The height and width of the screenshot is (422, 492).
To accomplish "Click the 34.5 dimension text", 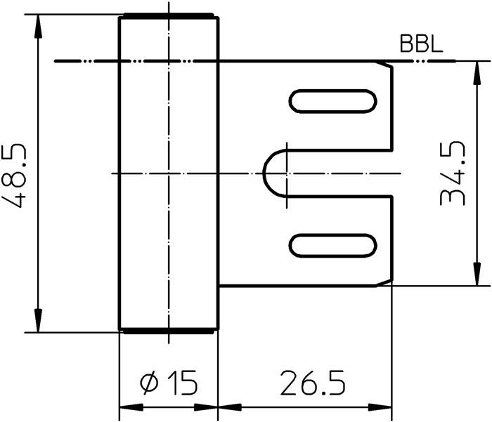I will coord(453,173).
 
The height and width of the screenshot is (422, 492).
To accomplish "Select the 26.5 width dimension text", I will coord(313,383).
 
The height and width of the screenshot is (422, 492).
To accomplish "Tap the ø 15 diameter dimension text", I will coord(169,383).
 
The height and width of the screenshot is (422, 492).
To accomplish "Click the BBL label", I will coord(420,45).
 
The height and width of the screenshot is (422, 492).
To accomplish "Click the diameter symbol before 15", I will coord(149,384).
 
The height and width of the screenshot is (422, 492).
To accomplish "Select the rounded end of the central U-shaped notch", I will coord(270,173).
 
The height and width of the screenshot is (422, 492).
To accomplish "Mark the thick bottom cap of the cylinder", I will coord(168,330).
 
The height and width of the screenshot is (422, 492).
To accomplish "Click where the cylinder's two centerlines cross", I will coord(169,173).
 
